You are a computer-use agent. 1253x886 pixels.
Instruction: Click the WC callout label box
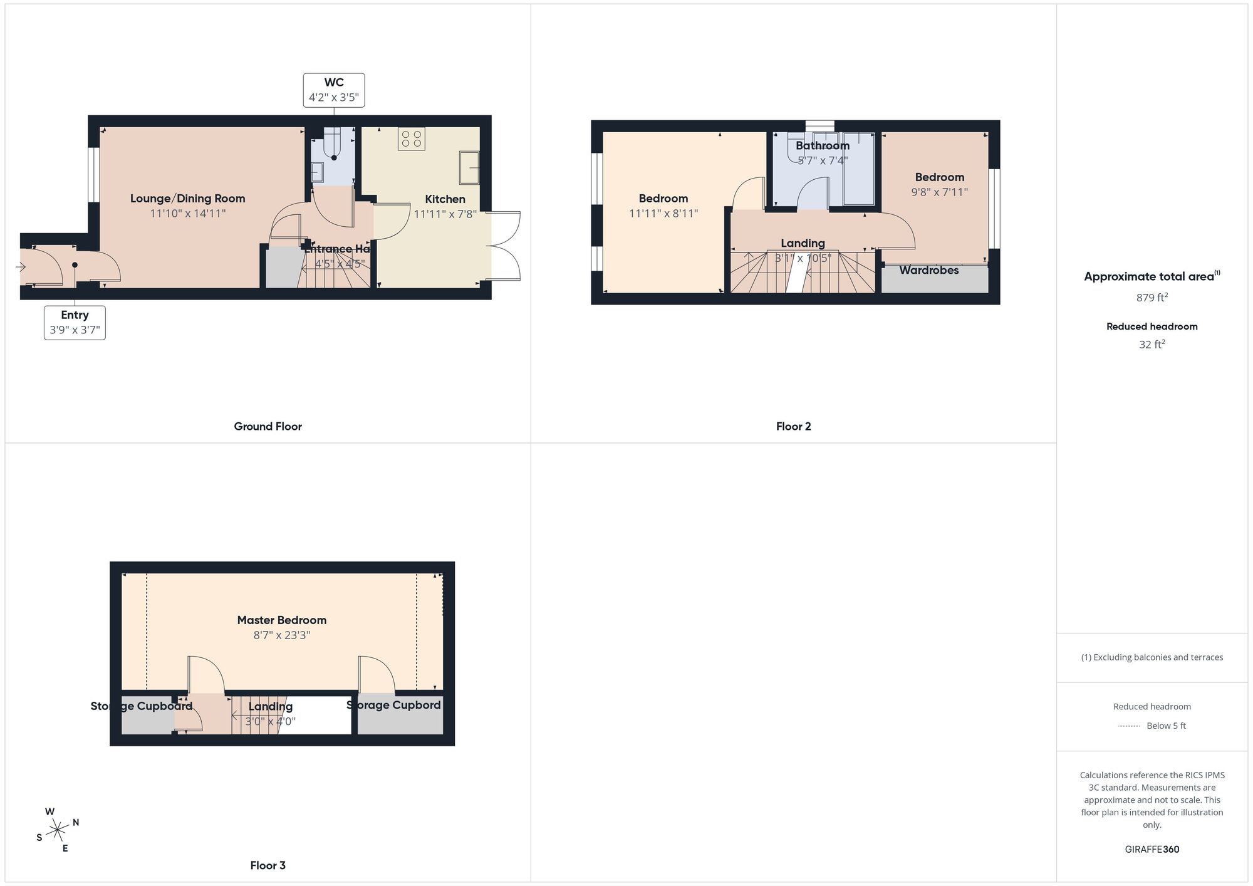334,90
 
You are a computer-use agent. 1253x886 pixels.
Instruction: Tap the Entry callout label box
75,323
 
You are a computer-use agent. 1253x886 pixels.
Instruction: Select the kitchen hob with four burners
412,138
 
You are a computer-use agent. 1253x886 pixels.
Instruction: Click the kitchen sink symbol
469,167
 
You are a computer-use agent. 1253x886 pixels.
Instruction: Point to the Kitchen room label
445,199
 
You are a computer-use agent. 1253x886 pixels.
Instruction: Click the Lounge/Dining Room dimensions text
187,214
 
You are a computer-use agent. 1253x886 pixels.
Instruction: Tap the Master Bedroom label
281,620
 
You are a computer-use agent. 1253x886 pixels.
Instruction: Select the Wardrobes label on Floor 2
928,271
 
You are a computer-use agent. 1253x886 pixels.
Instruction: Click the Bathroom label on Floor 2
822,146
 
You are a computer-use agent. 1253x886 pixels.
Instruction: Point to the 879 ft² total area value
1152,298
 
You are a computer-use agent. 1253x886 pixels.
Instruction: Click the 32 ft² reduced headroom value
1152,345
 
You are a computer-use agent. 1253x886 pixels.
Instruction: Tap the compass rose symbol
58,830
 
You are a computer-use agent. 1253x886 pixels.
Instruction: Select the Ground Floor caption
268,427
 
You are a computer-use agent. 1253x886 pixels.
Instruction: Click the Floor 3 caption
268,866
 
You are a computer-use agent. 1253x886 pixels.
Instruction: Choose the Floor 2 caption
793,427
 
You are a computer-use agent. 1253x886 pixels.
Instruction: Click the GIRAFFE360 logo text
1152,850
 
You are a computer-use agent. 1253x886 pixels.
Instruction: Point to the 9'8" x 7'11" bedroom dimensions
939,192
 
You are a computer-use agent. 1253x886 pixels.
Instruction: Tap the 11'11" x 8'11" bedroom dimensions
663,214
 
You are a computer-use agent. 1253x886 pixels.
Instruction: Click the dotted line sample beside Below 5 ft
1129,726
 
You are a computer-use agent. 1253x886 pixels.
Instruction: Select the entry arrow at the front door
20,268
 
